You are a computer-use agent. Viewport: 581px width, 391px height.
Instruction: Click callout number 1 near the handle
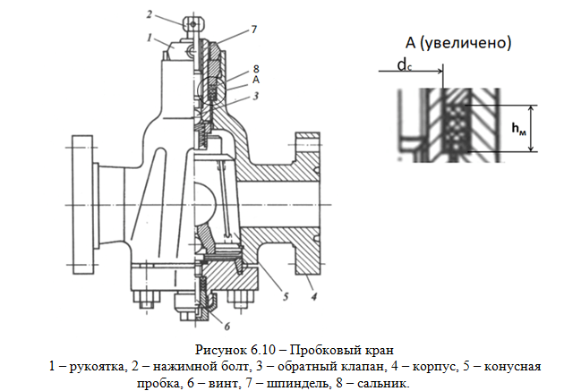[x=150, y=38]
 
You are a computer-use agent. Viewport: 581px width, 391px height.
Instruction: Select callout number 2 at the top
[x=149, y=14]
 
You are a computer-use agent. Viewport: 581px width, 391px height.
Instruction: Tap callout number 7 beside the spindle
[x=254, y=30]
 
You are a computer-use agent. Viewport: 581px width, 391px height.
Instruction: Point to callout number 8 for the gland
[x=256, y=69]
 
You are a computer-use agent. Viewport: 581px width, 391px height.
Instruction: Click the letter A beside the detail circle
[x=256, y=80]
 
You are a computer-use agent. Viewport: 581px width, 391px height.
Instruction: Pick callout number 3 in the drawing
[x=256, y=97]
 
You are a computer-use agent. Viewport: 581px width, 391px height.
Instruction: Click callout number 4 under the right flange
[x=314, y=296]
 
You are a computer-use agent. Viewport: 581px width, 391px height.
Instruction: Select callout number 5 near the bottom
[x=286, y=296]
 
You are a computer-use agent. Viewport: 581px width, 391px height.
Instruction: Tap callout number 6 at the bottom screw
[x=227, y=327]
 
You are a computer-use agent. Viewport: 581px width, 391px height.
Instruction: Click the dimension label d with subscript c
[x=405, y=65]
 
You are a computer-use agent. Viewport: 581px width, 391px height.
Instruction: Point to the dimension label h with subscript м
[x=518, y=129]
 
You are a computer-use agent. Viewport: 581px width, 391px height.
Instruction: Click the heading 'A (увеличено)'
[x=458, y=43]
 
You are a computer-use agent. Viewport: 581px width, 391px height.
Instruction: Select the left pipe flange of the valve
[x=82, y=204]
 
